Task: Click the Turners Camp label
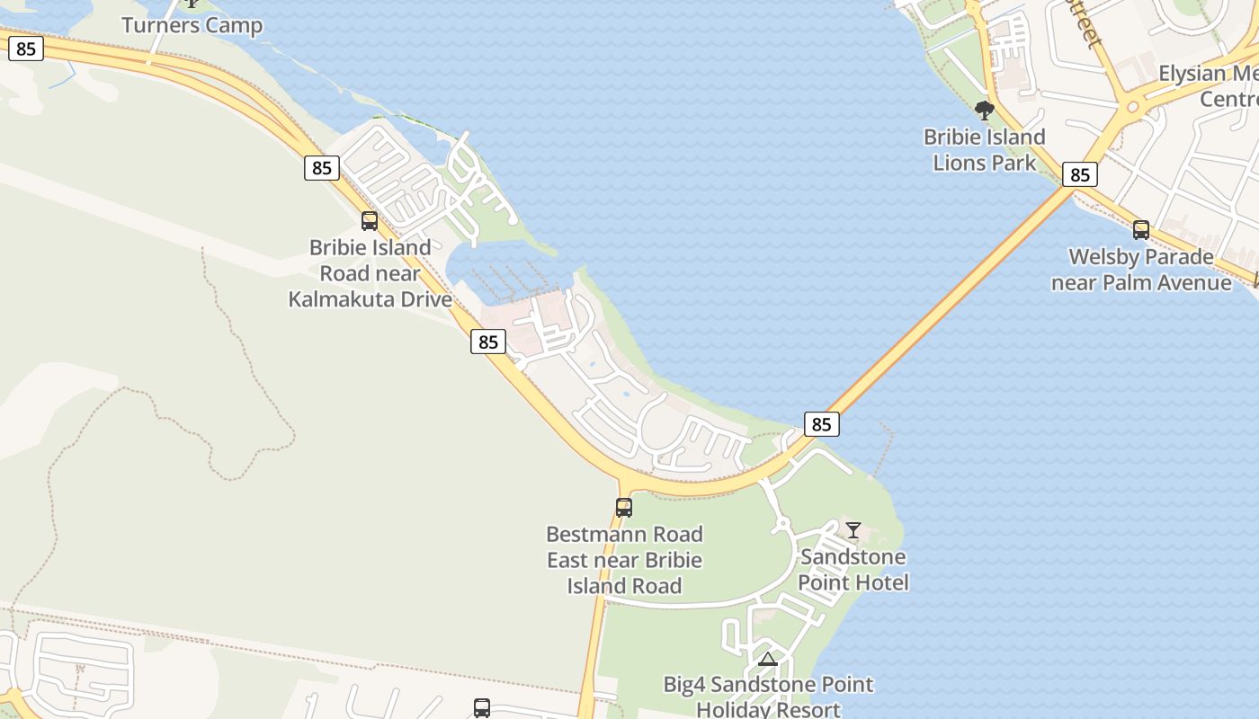192,25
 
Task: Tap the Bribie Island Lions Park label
985,150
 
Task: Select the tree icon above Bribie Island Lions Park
985,111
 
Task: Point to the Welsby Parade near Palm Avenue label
1141,270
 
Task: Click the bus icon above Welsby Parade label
1141,230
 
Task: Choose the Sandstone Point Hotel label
853,569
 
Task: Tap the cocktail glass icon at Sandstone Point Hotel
853,530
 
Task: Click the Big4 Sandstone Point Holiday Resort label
768,697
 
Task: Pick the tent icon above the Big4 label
767,660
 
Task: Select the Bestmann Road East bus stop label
625,560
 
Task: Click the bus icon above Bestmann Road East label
624,507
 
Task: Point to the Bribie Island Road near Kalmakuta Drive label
370,273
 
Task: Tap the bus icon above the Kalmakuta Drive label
370,221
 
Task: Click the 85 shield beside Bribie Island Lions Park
1079,174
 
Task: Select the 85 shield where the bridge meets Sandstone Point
821,424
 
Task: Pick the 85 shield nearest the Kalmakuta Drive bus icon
322,168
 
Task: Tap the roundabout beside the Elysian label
1132,107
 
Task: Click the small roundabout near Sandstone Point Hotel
781,522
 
